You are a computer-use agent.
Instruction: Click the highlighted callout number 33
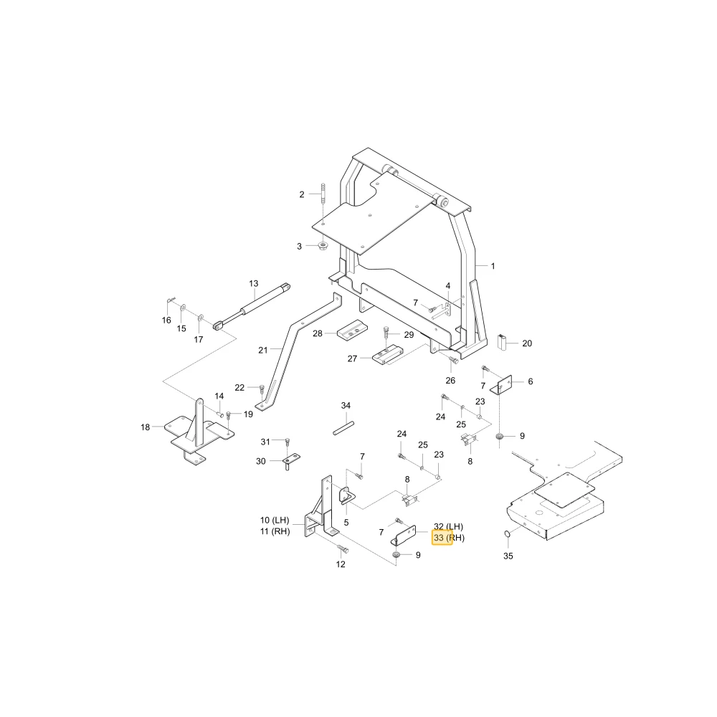[439, 538]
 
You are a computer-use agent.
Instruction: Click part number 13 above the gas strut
[253, 284]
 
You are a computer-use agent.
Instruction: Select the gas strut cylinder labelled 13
[252, 306]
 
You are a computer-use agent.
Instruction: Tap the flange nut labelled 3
[324, 246]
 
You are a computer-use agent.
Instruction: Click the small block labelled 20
[502, 341]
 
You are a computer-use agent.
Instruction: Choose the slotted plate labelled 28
[351, 331]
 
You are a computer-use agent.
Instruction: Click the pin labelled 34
[343, 428]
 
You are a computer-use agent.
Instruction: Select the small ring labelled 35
[506, 533]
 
